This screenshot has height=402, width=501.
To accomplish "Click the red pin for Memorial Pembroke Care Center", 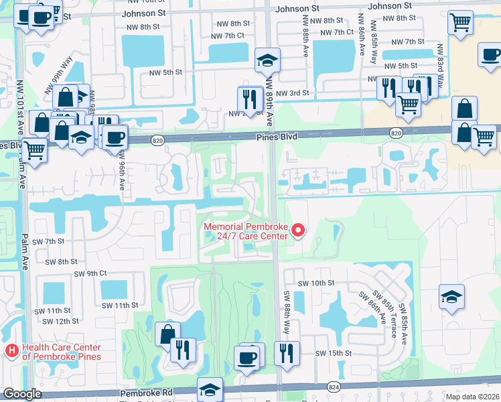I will (297, 231).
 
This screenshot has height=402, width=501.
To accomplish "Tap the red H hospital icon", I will (11, 351).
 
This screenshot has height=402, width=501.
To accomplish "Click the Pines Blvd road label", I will (276, 136).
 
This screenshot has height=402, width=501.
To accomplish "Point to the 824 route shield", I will (333, 387).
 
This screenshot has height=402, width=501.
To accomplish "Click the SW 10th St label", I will (315, 283).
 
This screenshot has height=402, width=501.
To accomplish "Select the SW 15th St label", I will (334, 353).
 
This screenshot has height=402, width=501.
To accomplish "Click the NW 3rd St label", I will (293, 93).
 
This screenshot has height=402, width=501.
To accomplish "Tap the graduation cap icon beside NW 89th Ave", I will (267, 60).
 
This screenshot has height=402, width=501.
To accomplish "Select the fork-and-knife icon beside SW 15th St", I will (287, 352).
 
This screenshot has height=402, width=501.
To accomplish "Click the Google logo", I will (22, 394).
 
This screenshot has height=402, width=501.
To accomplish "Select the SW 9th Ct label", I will (90, 273).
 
